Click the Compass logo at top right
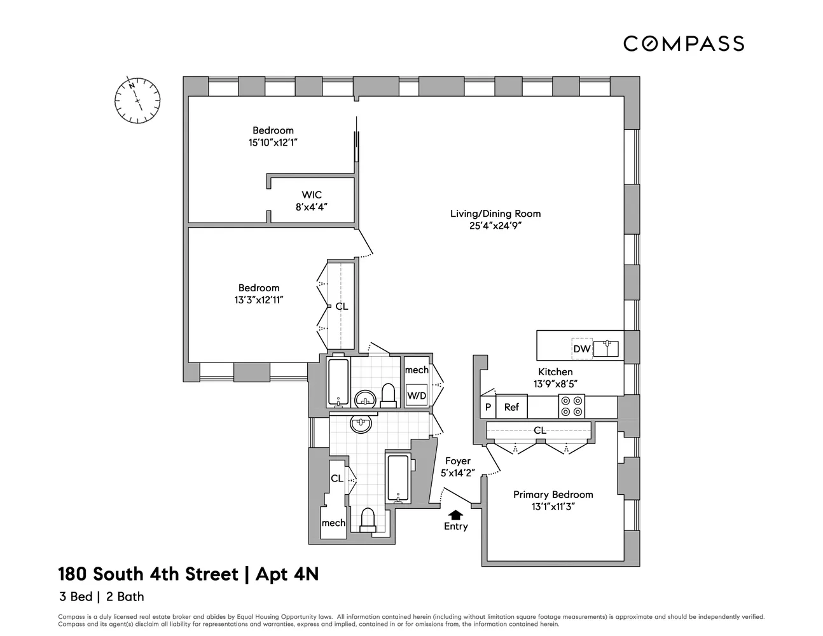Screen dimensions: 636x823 tap(683, 43)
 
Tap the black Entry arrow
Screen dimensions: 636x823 tap(456, 515)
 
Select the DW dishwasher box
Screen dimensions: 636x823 tap(581, 349)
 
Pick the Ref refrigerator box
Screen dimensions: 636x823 tap(511, 407)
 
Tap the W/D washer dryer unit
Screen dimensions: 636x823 tap(417, 395)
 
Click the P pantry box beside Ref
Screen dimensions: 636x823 tap(488, 407)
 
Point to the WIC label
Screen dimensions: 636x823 tap(312, 195)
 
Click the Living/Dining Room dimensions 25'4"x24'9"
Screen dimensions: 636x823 tap(495, 225)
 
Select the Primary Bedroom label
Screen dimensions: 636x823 tap(553, 494)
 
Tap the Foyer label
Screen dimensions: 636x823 tap(457, 461)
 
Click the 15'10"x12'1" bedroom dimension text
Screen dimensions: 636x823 tap(273, 142)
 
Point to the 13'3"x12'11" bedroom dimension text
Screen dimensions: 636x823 tap(258, 300)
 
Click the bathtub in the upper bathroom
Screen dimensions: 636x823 tap(338, 382)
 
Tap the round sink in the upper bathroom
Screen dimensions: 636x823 tap(364, 399)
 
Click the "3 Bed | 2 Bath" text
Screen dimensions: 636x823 tap(101, 597)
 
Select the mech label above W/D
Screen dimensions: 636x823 tap(417, 370)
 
